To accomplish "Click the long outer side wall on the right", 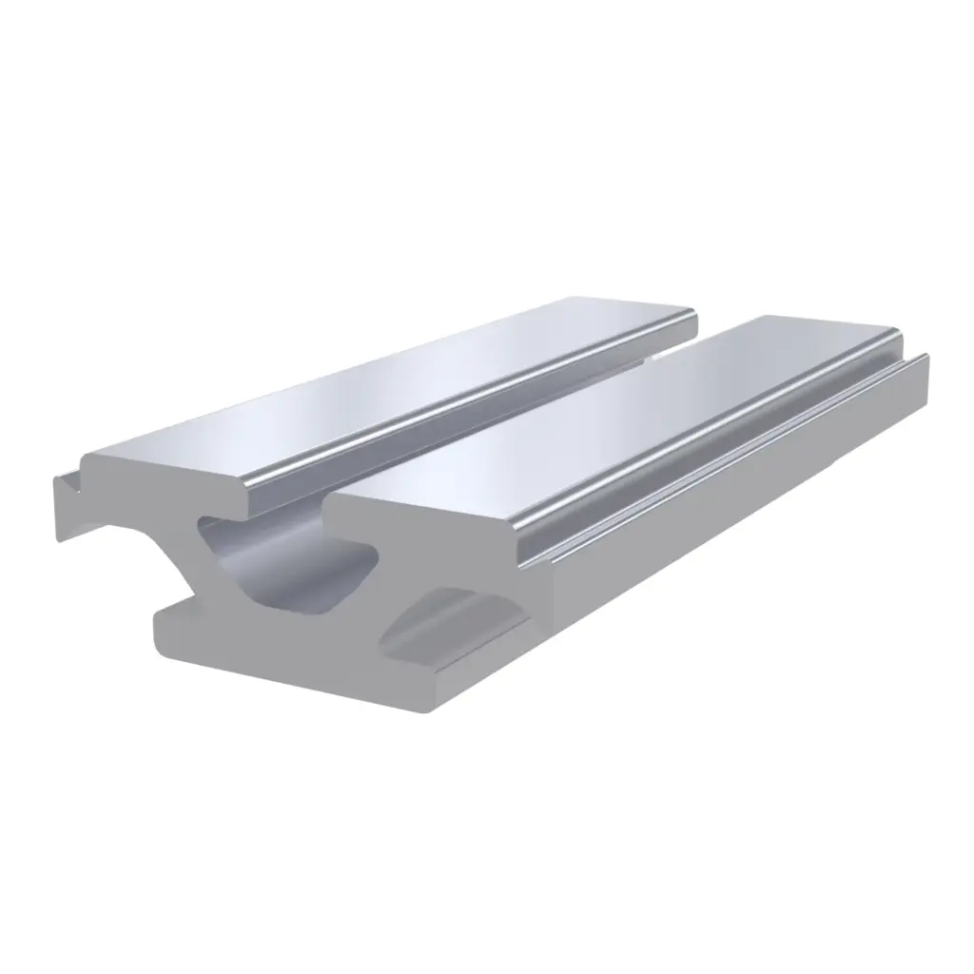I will pyautogui.click(x=742, y=495).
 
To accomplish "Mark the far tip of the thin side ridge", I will pyautogui.click(x=921, y=356).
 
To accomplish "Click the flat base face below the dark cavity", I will pyautogui.click(x=285, y=656).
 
